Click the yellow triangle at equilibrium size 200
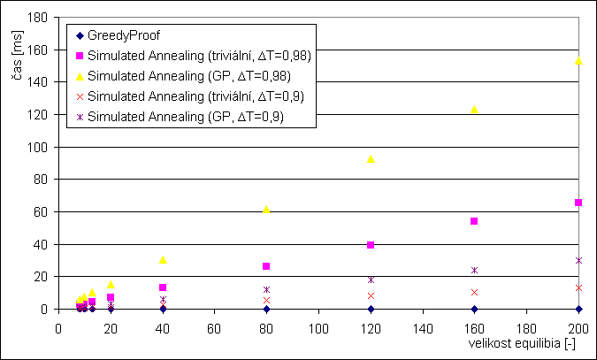(x=578, y=61)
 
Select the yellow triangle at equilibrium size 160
(x=474, y=109)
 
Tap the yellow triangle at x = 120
(x=371, y=158)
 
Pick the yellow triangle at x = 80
(x=266, y=210)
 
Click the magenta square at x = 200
(x=578, y=203)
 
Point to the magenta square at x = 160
(x=474, y=221)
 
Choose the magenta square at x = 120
(x=371, y=245)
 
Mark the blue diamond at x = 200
(x=578, y=309)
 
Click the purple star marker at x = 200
(x=578, y=260)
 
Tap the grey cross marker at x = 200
(x=578, y=287)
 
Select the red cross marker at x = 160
(x=474, y=292)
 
